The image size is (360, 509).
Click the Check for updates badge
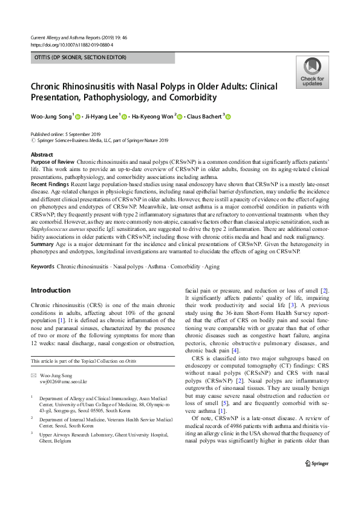(312, 73)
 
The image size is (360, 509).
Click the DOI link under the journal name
(71, 45)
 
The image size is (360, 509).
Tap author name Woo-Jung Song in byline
(51, 117)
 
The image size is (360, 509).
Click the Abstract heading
(42, 155)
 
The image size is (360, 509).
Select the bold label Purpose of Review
(52, 163)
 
